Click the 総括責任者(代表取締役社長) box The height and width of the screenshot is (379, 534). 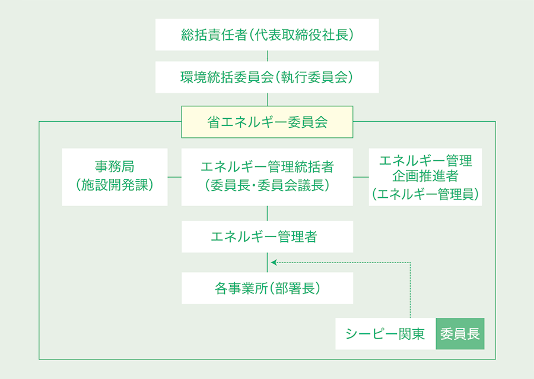pos(267,34)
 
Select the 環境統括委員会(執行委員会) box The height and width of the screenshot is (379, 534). pos(267,77)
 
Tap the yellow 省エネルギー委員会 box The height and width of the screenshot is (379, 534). pos(267,122)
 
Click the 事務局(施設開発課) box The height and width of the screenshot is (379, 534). pos(115,177)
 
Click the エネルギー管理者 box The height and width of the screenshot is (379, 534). pos(267,236)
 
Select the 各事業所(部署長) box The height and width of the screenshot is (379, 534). pos(267,288)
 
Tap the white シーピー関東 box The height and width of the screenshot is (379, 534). pos(386,334)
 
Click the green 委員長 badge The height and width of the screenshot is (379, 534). pos(460,334)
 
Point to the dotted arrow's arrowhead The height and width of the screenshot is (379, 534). pos(273,261)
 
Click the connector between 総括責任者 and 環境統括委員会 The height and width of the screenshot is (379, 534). pos(267,56)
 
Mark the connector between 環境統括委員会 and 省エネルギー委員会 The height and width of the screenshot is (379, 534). pos(267,99)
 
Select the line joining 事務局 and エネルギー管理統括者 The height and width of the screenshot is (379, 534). pos(174,177)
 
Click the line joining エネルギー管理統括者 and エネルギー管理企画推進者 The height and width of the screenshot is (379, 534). pos(361,177)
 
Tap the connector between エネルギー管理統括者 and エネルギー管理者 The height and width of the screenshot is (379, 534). pos(267,213)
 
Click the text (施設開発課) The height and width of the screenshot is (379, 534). pos(115,185)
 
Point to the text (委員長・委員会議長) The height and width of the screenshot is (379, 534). pos(267,185)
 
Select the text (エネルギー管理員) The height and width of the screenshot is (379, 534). pos(425,194)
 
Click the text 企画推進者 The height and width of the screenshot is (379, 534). pos(425,177)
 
